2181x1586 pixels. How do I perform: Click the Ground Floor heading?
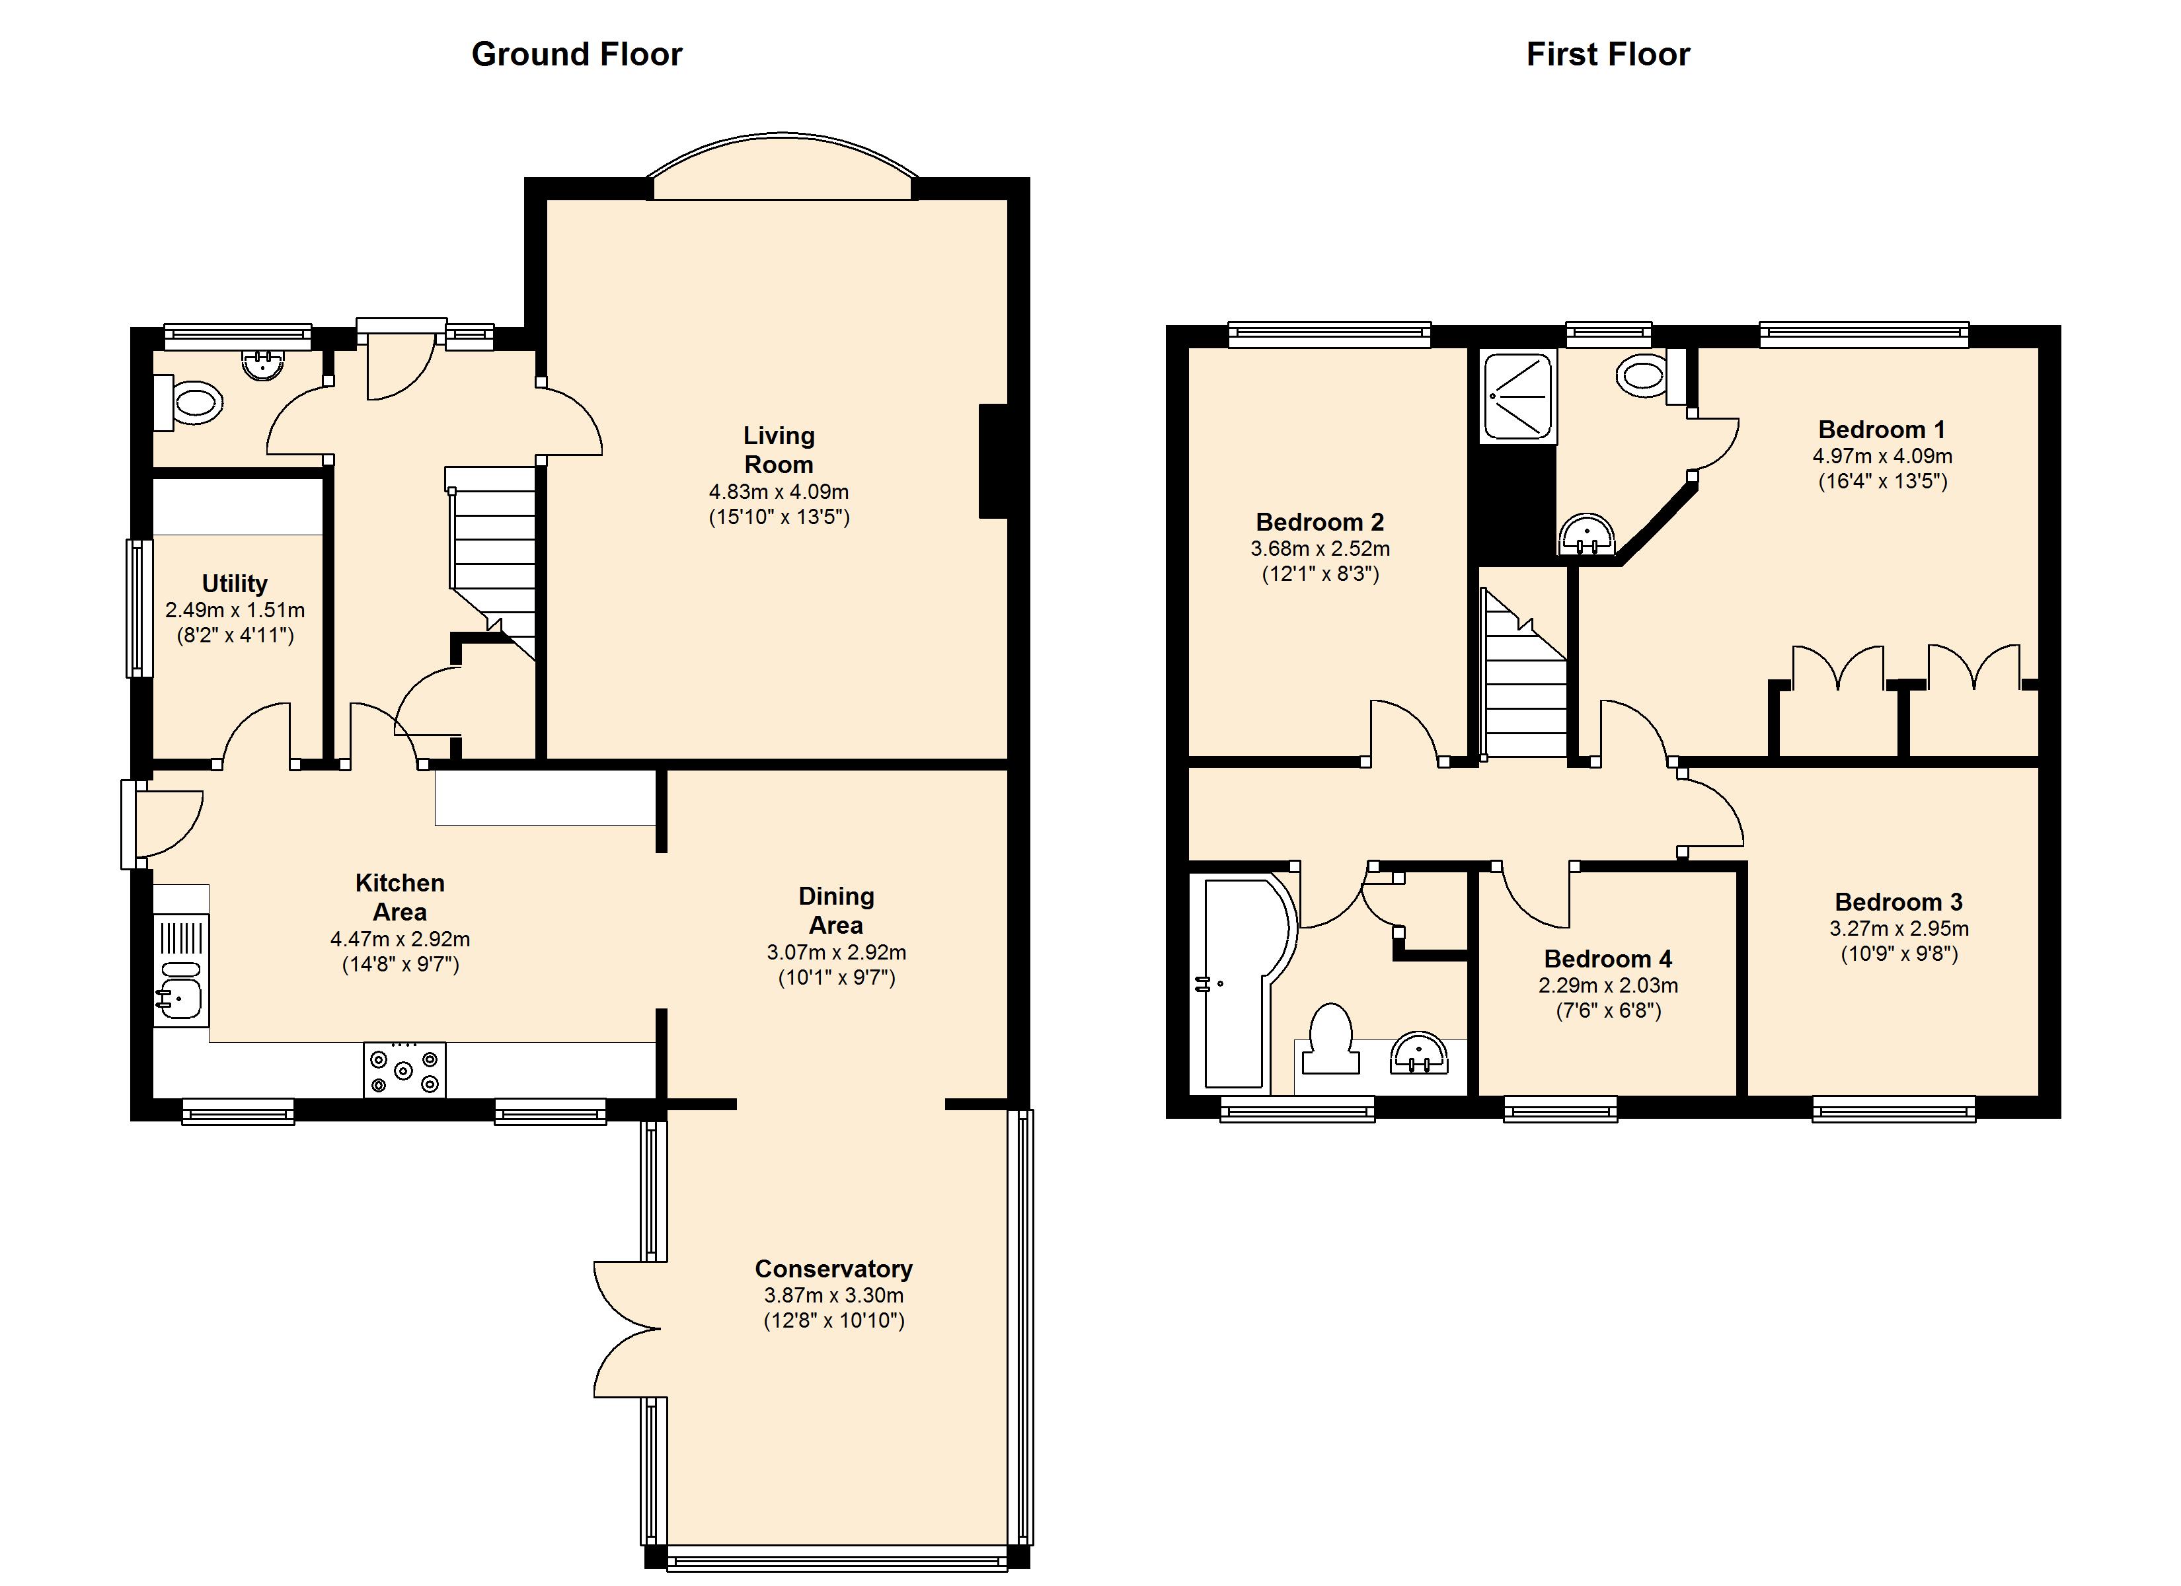click(577, 54)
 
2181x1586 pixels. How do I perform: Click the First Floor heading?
click(1608, 54)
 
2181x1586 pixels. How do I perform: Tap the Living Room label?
click(779, 450)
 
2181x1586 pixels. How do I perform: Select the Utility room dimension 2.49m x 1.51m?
click(235, 610)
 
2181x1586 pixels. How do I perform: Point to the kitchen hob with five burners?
click(404, 1069)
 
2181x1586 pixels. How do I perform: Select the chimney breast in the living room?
click(993, 462)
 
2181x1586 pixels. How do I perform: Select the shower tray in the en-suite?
click(1518, 398)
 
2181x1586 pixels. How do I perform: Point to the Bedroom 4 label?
click(1608, 959)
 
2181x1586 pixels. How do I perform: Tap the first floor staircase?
click(1525, 673)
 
